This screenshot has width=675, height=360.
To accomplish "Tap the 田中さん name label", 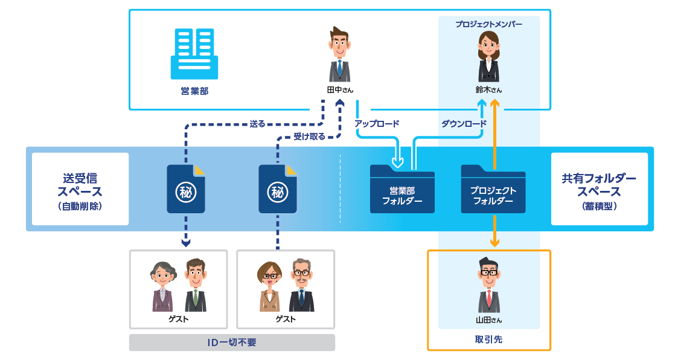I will click(339, 90).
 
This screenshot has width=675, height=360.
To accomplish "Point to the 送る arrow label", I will click(258, 124).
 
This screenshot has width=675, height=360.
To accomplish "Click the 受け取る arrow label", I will click(309, 137).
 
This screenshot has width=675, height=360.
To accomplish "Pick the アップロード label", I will click(377, 124).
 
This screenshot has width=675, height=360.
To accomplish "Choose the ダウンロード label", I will click(463, 124).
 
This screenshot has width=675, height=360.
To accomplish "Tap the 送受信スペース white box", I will click(80, 188).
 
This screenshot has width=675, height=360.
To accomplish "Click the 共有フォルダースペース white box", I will click(599, 188).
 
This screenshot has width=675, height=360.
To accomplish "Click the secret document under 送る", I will click(185, 189).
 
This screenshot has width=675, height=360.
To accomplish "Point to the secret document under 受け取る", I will click(278, 189).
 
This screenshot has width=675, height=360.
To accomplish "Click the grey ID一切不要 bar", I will click(232, 342).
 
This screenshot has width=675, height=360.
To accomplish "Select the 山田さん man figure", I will click(488, 284).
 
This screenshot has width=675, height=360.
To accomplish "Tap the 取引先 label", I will click(488, 339).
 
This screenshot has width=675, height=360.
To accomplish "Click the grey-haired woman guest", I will click(163, 286).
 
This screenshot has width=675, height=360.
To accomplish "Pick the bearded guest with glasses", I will click(301, 285).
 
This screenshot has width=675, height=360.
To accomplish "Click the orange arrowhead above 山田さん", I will click(494, 243).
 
